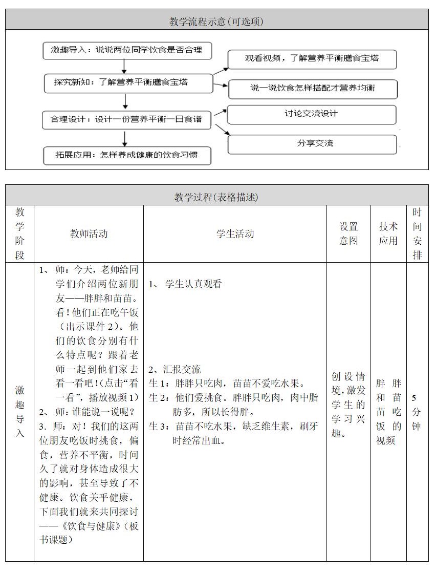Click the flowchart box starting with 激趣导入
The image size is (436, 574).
point(127,50)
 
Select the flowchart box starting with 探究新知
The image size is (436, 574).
point(128,82)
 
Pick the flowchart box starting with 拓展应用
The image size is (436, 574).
point(127,155)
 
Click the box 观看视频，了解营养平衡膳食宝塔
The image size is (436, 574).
point(312,59)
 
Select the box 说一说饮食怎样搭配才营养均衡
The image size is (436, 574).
point(313,88)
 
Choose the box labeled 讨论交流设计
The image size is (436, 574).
point(311,114)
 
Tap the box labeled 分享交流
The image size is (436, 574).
point(312,144)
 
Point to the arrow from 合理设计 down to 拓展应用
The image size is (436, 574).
point(124,138)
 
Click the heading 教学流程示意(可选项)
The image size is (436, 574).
point(217,21)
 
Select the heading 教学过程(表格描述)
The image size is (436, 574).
point(217,197)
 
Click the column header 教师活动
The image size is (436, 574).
point(89,234)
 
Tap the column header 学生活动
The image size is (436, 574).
point(235,234)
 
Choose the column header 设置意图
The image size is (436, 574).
point(348,234)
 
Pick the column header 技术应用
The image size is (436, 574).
point(388,234)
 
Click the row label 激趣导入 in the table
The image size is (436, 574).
point(19,412)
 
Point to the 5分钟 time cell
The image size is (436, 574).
point(417,412)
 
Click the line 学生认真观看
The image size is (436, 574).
point(193,284)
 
